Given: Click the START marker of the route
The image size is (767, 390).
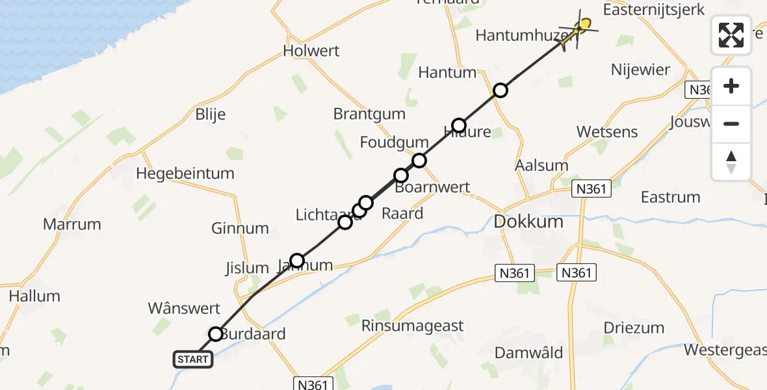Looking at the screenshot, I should [x=193, y=359].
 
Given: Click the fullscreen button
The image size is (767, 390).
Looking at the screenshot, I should [x=731, y=34].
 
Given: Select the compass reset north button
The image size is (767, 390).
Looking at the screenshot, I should [x=731, y=162].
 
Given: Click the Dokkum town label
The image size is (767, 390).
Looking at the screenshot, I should [x=528, y=222].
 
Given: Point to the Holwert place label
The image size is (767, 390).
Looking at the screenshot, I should [x=311, y=51].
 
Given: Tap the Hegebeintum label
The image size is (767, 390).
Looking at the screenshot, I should [x=185, y=174].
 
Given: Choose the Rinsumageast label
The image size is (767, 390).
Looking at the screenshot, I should [x=413, y=326].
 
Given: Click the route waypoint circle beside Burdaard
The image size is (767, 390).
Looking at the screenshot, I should [x=215, y=334].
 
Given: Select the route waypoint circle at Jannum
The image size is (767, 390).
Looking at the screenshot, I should [x=297, y=261].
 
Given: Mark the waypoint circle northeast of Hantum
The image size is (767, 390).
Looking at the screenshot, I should [x=500, y=90].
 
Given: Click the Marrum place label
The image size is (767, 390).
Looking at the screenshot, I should [x=72, y=224].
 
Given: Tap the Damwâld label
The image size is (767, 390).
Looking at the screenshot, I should [x=528, y=352].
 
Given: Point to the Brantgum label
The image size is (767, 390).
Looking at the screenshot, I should [x=369, y=114].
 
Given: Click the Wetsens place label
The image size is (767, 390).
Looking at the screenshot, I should [x=607, y=132].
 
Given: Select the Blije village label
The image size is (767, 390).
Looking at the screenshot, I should [x=211, y=114].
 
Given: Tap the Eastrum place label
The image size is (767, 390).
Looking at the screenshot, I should [x=670, y=197].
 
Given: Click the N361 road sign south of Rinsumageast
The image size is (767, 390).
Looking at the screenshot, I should [x=313, y=384].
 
